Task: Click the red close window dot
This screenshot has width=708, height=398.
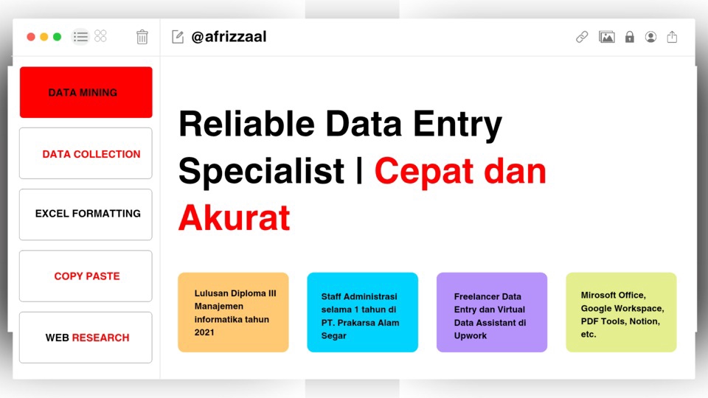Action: tap(31, 37)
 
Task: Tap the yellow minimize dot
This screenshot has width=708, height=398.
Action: tap(44, 37)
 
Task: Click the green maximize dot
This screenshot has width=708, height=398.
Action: tap(57, 37)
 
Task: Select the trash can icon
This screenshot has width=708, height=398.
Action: tap(142, 37)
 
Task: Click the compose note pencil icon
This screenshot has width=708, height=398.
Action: tap(178, 37)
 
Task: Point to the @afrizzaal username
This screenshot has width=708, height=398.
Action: tap(229, 37)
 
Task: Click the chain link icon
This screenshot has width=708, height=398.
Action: tap(582, 37)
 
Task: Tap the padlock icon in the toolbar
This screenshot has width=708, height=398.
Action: tap(629, 37)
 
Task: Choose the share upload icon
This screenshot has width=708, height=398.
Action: tap(672, 37)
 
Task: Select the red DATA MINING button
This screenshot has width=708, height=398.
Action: tap(86, 93)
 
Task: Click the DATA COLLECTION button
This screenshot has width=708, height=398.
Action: tap(86, 153)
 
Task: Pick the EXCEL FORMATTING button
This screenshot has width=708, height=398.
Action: tap(86, 214)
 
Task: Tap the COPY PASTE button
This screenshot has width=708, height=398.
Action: tap(86, 276)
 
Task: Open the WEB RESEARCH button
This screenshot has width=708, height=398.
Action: tap(86, 338)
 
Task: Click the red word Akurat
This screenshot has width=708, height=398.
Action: tap(235, 218)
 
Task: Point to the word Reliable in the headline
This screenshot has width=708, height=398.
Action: tap(247, 124)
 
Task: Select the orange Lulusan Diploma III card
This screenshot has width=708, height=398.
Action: tap(233, 313)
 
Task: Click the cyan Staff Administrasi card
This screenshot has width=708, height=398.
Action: tap(363, 313)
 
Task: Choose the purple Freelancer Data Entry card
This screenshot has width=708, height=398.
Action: tap(492, 313)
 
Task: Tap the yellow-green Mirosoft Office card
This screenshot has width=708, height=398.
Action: tap(621, 313)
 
